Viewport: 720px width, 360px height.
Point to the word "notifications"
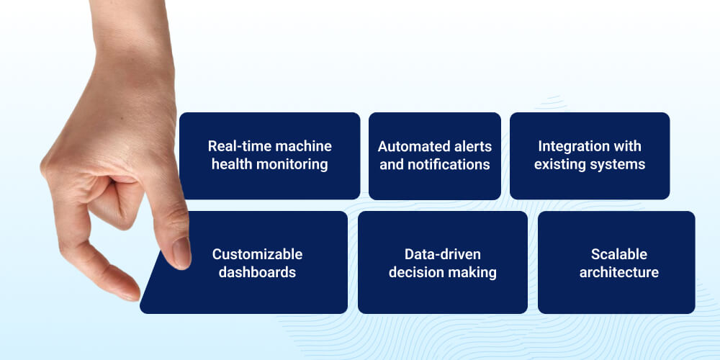click(x=449, y=164)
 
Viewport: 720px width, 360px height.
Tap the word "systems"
click(x=617, y=164)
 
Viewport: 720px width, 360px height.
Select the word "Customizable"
click(x=257, y=254)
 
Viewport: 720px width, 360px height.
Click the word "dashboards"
click(x=257, y=272)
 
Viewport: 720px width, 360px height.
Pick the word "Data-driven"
click(x=442, y=254)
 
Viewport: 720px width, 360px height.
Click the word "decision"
click(x=416, y=272)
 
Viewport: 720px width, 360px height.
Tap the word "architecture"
click(x=618, y=272)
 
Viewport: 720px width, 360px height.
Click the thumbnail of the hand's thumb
click(x=181, y=253)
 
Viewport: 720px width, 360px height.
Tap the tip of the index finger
click(x=130, y=292)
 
